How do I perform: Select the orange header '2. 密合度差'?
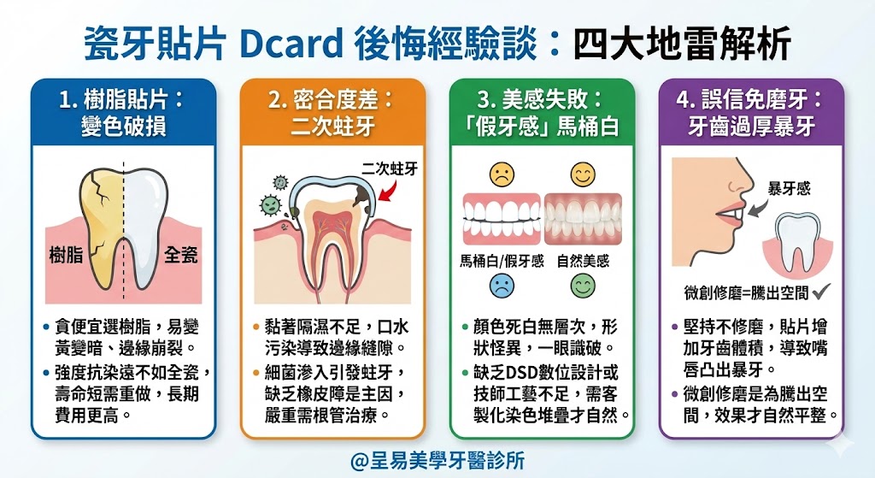[x=332, y=112]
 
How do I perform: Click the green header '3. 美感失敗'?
[x=543, y=112]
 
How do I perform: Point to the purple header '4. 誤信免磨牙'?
[x=752, y=112]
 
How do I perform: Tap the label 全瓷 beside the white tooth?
[x=180, y=254]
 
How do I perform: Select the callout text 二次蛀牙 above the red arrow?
[x=389, y=168]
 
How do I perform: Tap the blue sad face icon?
[x=502, y=286]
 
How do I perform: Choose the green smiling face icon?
[x=583, y=286]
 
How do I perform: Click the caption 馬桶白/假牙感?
[x=502, y=261]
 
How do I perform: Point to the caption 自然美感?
[x=583, y=261]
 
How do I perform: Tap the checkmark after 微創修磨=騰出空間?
[x=823, y=292]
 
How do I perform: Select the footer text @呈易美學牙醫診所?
[x=437, y=460]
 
